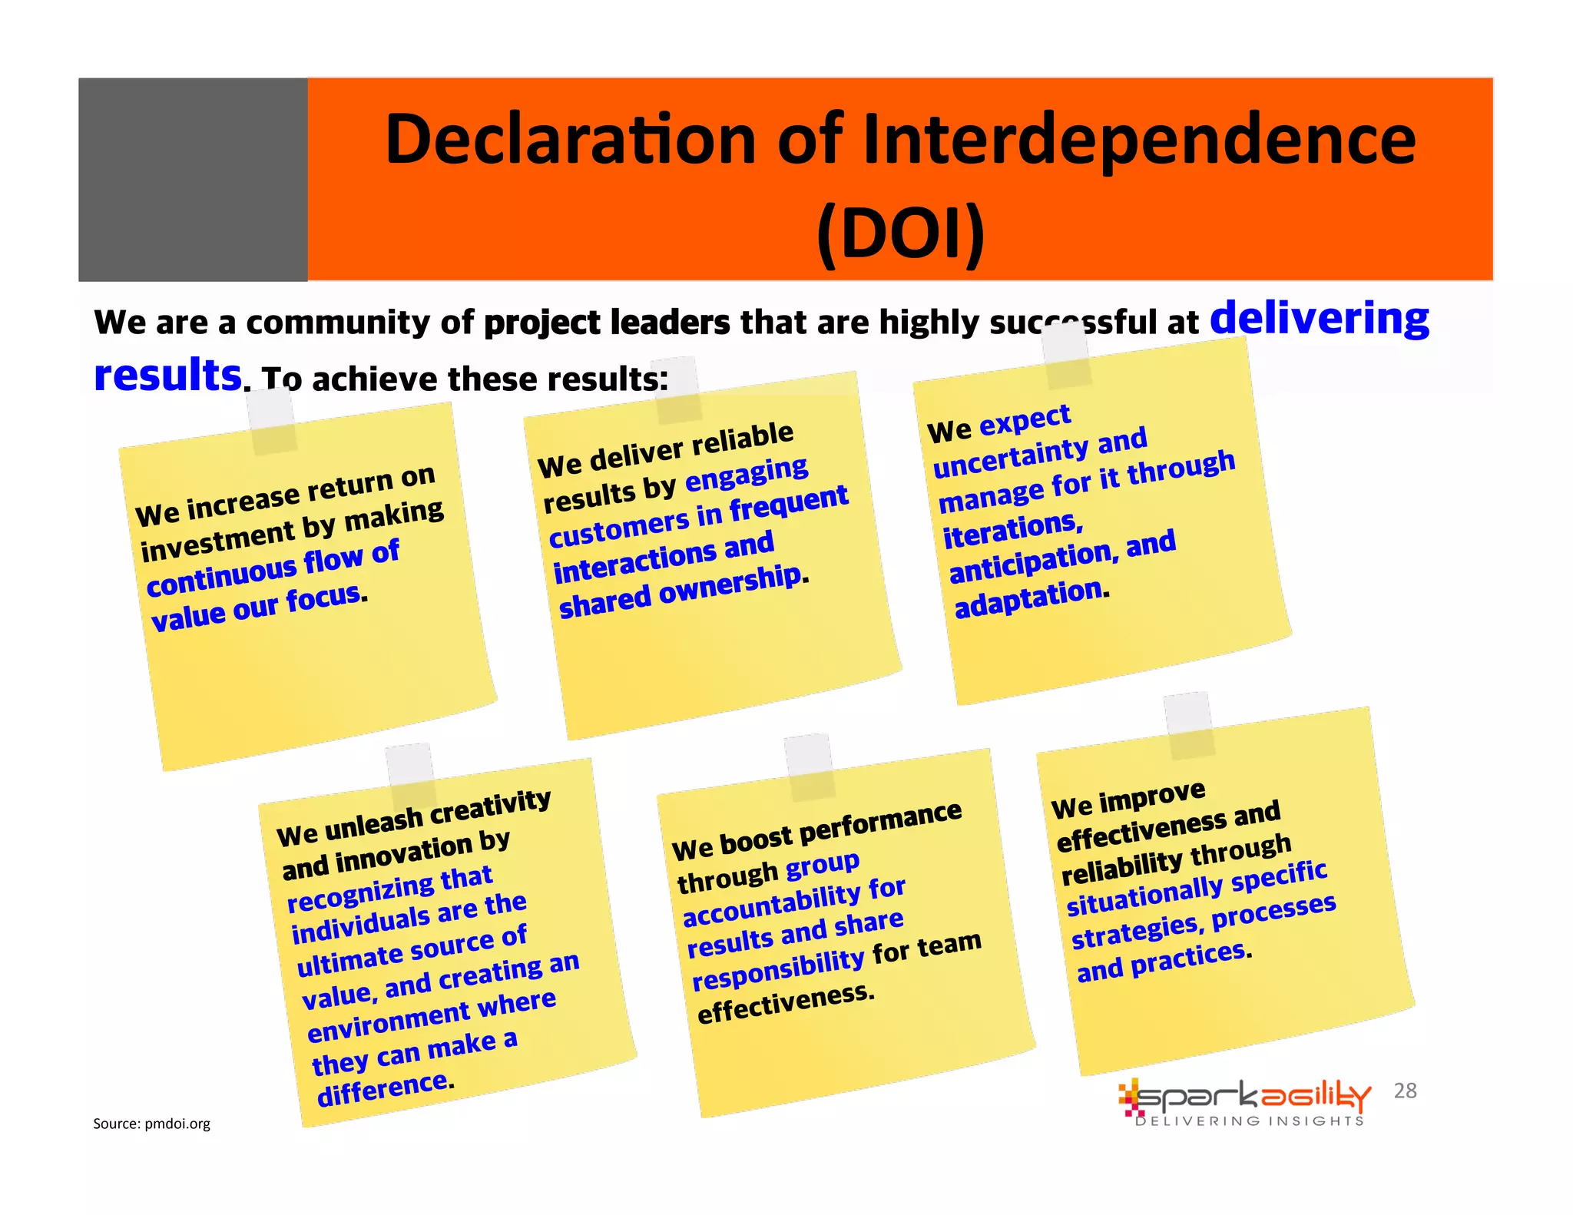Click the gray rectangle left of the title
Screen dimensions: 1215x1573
point(193,179)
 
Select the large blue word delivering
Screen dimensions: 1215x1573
point(1319,319)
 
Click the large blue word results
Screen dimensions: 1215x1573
point(167,375)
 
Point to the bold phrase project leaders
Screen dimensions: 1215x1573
point(607,323)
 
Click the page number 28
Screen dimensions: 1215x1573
point(1405,1091)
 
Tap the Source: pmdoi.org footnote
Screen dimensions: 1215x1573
point(151,1124)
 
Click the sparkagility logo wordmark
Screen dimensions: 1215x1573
point(1244,1097)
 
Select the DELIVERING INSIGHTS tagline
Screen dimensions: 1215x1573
point(1250,1121)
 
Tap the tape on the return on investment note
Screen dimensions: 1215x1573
point(272,421)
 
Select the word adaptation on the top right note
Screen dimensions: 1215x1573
point(1028,598)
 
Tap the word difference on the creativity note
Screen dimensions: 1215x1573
point(382,1089)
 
